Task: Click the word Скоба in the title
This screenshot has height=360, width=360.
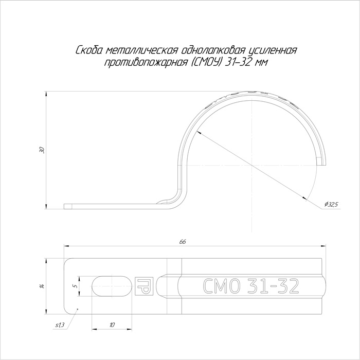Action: point(89,50)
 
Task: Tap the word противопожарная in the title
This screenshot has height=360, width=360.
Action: point(146,62)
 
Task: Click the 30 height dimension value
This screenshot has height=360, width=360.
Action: point(42,150)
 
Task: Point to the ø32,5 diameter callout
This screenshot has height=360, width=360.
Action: point(332,204)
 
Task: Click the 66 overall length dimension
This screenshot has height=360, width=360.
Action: point(183,242)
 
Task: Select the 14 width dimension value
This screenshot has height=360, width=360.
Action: point(42,286)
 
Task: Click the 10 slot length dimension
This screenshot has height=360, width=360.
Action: point(112,325)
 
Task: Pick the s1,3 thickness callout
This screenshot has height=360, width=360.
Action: point(60,325)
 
